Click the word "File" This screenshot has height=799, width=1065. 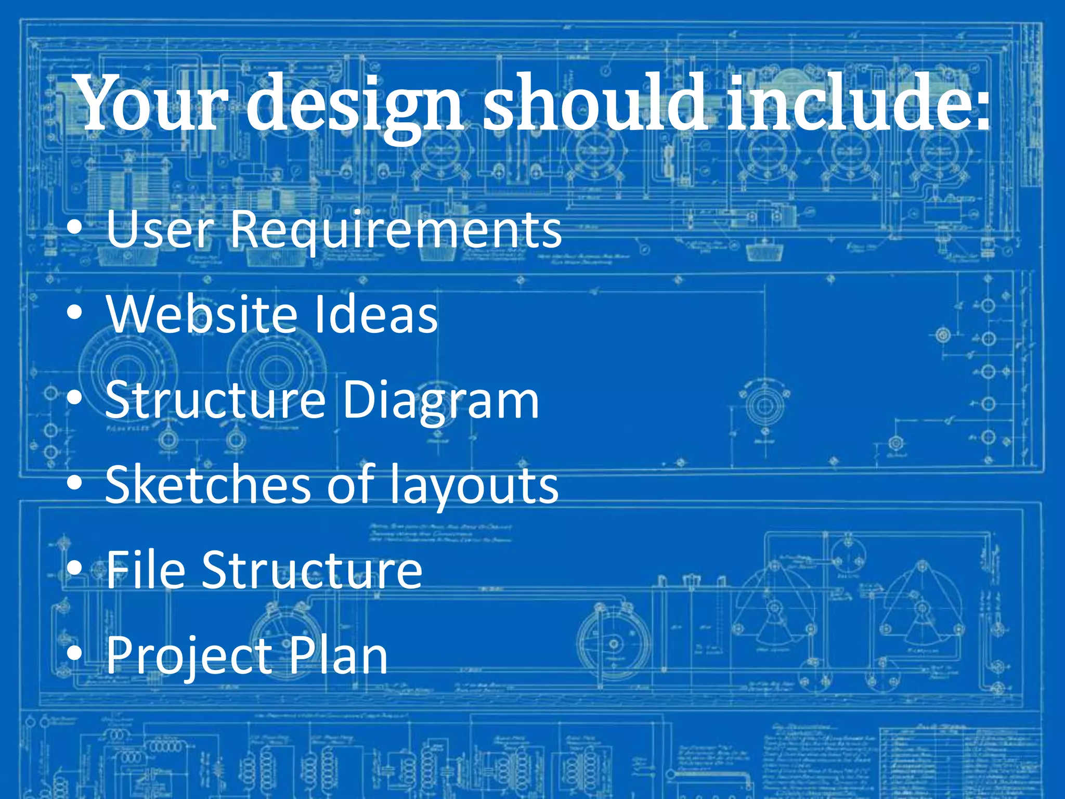(146, 570)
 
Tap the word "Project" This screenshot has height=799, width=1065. (189, 656)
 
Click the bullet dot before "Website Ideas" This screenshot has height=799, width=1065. (75, 313)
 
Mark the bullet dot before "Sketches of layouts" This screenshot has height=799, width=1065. (75, 484)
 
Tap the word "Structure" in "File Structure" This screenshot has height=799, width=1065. (312, 570)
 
